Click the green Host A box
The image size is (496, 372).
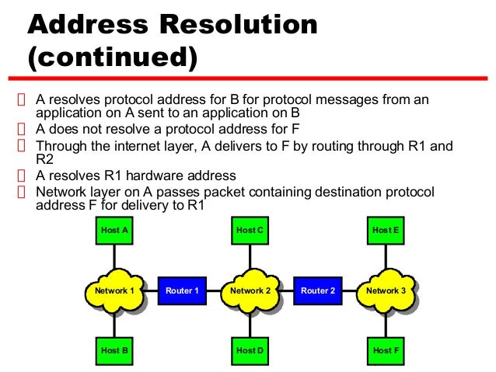click(x=114, y=231)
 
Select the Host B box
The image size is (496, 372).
click(x=114, y=350)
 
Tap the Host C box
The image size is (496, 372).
click(x=250, y=231)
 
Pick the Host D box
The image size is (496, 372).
click(x=250, y=350)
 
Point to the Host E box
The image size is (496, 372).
click(x=386, y=231)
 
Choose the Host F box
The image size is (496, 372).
click(x=386, y=350)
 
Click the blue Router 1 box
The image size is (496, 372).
click(x=182, y=290)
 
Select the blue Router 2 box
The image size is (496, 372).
click(x=318, y=290)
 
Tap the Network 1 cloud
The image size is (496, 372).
click(x=114, y=291)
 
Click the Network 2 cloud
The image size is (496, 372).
click(x=250, y=291)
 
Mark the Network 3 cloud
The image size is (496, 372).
click(x=386, y=291)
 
